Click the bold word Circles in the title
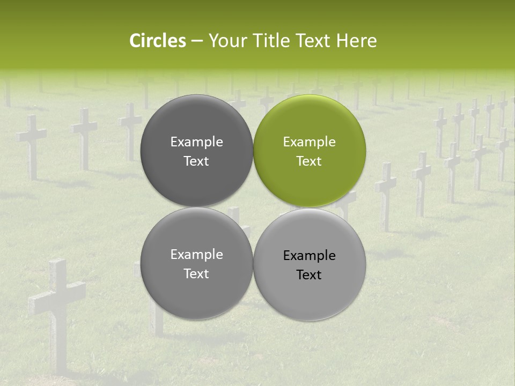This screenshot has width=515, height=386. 157,41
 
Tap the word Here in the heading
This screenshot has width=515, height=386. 357,41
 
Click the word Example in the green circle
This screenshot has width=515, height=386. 310,142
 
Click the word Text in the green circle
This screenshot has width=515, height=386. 310,161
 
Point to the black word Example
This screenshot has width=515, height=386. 310,256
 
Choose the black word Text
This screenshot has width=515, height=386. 310,275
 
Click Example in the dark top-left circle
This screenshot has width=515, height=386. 196,142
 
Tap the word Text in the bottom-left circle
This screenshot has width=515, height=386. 196,274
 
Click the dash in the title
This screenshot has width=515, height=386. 197,41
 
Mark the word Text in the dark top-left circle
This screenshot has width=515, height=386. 196,161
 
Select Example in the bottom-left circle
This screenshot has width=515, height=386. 196,255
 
